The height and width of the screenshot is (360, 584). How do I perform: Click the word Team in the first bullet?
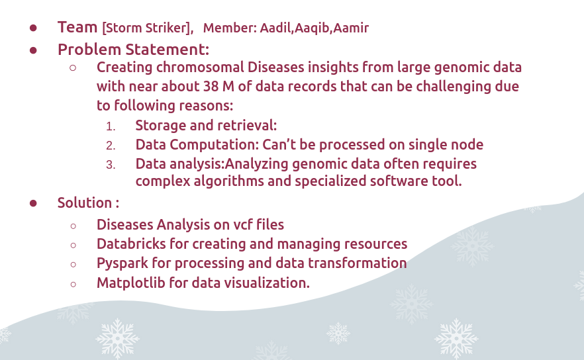[x=77, y=27]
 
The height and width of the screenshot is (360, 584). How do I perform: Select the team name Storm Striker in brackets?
[x=148, y=28]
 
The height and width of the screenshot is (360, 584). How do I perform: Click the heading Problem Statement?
[x=133, y=50]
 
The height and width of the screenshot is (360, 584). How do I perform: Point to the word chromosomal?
[x=200, y=67]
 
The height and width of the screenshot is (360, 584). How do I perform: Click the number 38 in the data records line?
[x=211, y=87]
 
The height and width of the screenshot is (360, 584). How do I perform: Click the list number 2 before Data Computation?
[x=111, y=146]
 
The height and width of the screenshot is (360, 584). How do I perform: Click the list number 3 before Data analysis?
[x=111, y=165]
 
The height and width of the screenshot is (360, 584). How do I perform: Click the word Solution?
[x=85, y=203]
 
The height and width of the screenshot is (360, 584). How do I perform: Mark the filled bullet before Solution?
[x=33, y=203]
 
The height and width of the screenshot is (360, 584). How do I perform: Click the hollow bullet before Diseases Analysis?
[x=73, y=226]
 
